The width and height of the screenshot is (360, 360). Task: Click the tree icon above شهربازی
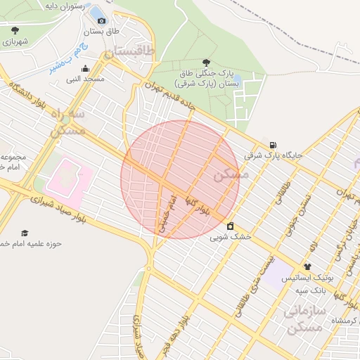[15, 30]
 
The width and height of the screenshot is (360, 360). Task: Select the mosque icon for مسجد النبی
[86, 68]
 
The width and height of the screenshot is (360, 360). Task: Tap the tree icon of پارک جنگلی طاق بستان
[206, 63]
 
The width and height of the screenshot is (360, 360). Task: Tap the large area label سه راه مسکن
[67, 122]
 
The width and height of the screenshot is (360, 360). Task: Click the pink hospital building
[67, 176]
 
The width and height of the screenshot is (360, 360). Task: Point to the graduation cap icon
[25, 233]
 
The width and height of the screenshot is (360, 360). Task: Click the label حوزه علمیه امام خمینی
[34, 243]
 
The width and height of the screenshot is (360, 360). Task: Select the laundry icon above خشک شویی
[231, 226]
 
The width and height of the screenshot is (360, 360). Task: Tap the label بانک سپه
[309, 289]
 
